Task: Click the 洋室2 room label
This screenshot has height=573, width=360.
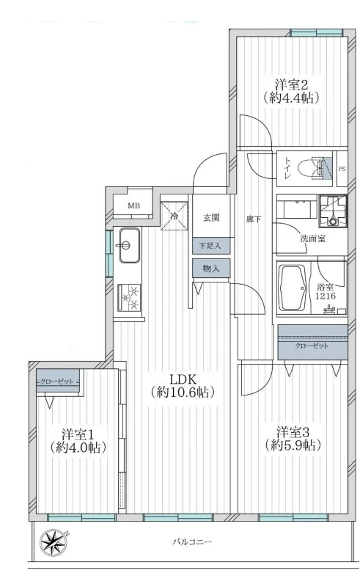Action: point(290,90)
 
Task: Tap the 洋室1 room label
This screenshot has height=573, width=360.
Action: point(76,439)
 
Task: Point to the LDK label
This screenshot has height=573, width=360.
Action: point(182,386)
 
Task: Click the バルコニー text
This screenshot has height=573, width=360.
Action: point(191,542)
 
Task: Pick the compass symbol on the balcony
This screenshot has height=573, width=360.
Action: point(55,544)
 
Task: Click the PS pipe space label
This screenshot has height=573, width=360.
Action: point(342,169)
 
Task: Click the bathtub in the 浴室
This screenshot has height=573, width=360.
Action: point(296,291)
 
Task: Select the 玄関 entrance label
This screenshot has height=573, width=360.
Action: point(212,217)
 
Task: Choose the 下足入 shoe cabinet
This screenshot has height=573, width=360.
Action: point(211,245)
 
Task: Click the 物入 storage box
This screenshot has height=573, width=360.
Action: point(211,269)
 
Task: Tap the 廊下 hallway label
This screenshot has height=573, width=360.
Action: point(254,219)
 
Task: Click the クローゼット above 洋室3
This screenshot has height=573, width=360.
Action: point(312,346)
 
